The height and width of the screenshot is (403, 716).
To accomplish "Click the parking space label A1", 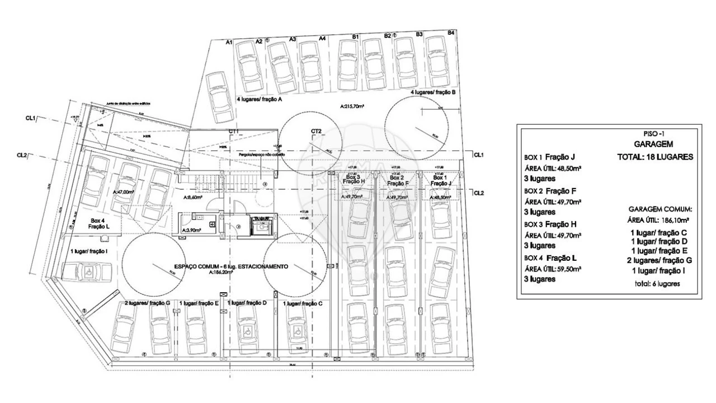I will coord(229,42).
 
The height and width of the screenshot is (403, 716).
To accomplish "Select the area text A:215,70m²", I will coord(352,105).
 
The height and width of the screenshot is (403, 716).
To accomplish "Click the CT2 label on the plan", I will coord(316,131).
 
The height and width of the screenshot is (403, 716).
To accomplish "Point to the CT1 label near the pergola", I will coord(234,131).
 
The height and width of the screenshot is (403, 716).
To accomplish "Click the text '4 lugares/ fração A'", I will coord(259,99).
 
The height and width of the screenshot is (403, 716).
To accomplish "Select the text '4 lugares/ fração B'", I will coord(434,92).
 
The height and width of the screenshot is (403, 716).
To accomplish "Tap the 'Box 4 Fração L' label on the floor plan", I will coord(98,223).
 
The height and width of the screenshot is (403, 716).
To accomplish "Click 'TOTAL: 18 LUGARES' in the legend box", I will coord(655,157).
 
